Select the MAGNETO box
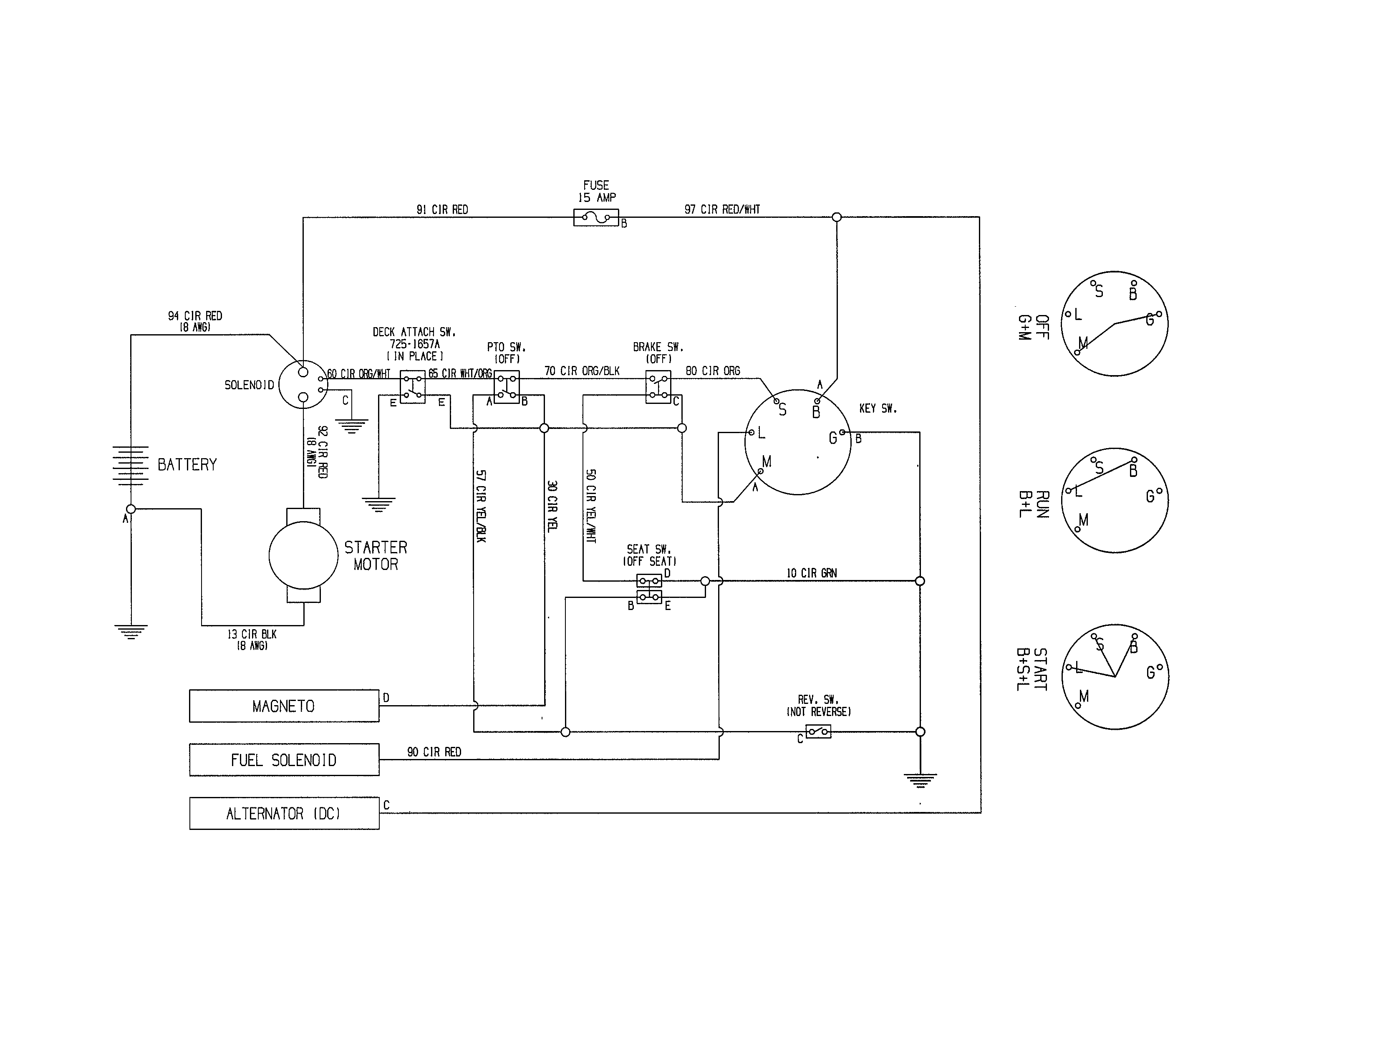coord(284,706)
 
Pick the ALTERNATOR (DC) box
coord(284,814)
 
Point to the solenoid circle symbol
coord(303,385)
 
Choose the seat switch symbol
coord(649,589)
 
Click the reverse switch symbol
coord(818,732)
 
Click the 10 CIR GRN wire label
coord(812,573)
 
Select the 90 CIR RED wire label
coord(434,752)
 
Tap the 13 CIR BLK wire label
coord(252,635)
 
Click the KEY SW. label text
coord(878,408)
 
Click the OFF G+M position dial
coord(1115,324)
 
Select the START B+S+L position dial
coord(1115,677)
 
